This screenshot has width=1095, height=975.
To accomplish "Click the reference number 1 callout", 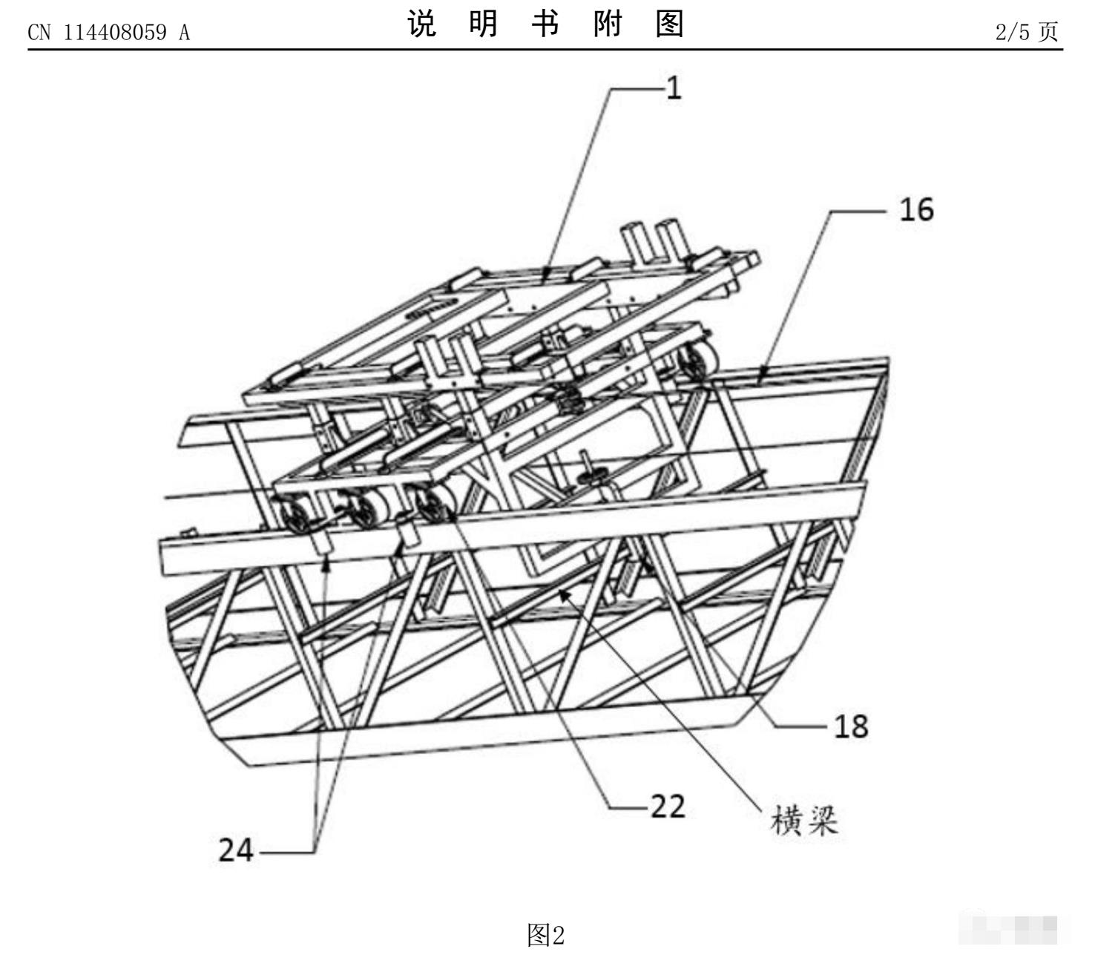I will pyautogui.click(x=673, y=88).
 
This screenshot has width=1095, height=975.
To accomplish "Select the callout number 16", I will pyautogui.click(x=916, y=210).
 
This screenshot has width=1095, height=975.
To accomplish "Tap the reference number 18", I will pyautogui.click(x=851, y=726).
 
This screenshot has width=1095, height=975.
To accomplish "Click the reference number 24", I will pyautogui.click(x=236, y=850).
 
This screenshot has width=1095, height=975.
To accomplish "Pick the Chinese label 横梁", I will pyautogui.click(x=805, y=821).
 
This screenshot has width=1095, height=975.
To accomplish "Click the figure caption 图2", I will pyautogui.click(x=546, y=935).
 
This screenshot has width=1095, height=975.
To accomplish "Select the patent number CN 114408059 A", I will pyautogui.click(x=108, y=33).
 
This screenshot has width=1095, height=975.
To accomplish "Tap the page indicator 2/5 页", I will pyautogui.click(x=1027, y=32).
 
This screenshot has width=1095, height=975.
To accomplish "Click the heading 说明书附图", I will pyautogui.click(x=546, y=26).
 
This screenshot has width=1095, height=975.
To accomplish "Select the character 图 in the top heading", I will pyautogui.click(x=670, y=26).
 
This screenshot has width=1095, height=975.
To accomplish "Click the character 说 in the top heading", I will pyautogui.click(x=422, y=26).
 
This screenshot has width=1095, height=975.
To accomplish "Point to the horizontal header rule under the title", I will pyautogui.click(x=546, y=50).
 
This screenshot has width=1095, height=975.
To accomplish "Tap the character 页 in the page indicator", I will pyautogui.click(x=1048, y=32).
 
